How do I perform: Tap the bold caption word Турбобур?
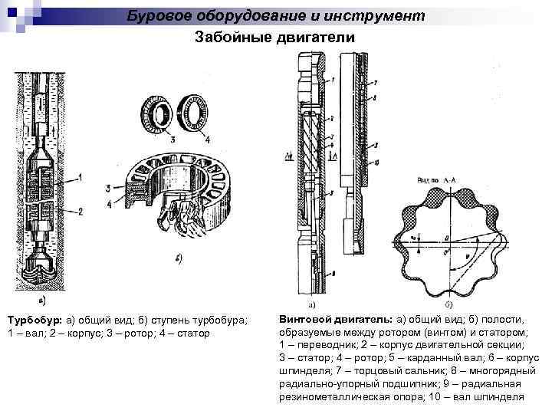click(33, 320)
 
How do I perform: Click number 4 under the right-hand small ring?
click(208, 140)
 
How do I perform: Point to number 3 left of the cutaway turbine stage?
click(108, 188)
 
